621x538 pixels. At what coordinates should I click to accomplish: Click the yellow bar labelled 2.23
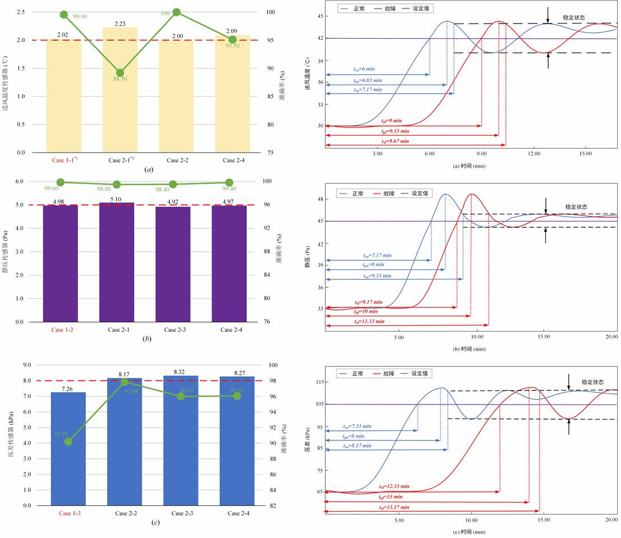click(120, 90)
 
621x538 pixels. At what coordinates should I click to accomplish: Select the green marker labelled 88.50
click(120, 73)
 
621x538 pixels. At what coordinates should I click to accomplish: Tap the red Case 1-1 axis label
click(65, 160)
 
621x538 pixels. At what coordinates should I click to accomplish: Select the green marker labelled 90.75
click(68, 442)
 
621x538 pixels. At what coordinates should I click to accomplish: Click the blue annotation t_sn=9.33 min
click(377, 275)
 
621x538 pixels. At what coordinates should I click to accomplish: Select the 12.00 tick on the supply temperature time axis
click(533, 153)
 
